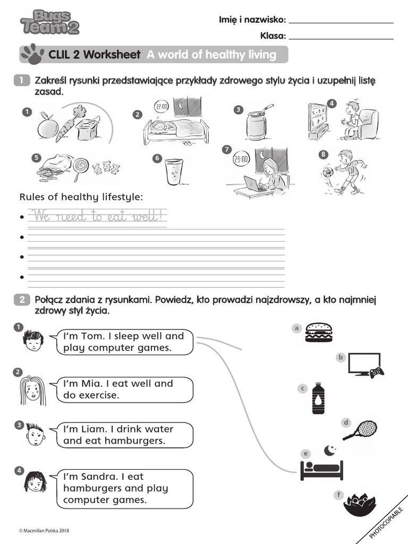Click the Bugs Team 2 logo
(x=49, y=22)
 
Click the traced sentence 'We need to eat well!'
(x=97, y=216)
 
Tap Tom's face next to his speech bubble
(x=33, y=341)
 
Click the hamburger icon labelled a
(x=319, y=333)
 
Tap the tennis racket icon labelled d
(x=361, y=430)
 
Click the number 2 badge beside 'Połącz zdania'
(x=21, y=300)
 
